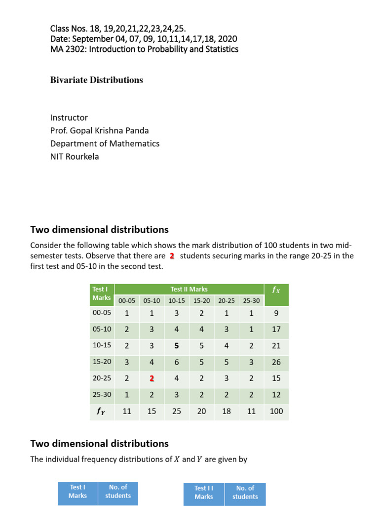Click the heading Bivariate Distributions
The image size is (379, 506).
[96, 80]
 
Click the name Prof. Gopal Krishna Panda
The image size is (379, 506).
[99, 130]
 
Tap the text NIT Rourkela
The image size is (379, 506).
[75, 156]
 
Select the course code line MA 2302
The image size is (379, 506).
[144, 49]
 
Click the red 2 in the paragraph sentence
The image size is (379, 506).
[172, 256]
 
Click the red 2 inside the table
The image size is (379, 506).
[152, 379]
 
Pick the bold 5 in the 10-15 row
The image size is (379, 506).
[177, 346]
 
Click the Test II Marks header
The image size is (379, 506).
[189, 289]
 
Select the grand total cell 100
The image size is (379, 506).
[276, 411]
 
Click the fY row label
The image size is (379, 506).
[102, 411]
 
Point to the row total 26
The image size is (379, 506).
[276, 362]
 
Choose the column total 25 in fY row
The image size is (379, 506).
[177, 411]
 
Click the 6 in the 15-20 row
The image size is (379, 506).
[177, 362]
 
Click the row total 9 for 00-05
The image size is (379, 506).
[276, 313]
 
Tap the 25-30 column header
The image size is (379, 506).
[251, 300]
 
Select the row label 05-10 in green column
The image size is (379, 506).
[102, 329]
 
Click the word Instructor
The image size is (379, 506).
[69, 118]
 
